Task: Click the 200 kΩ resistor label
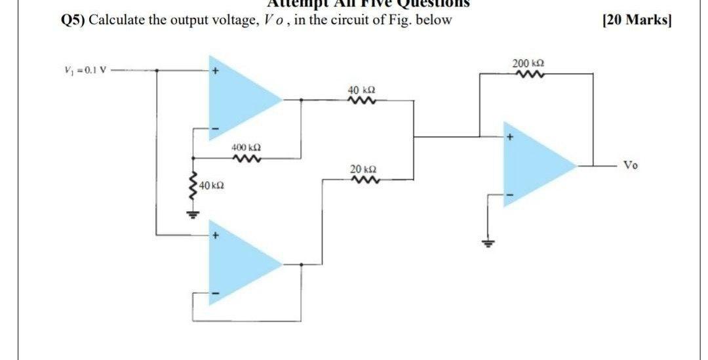click(x=528, y=64)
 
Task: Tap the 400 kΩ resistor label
click(x=245, y=149)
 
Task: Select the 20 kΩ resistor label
click(x=363, y=170)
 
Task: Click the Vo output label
click(x=630, y=165)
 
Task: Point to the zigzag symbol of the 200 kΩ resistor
click(x=528, y=74)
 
